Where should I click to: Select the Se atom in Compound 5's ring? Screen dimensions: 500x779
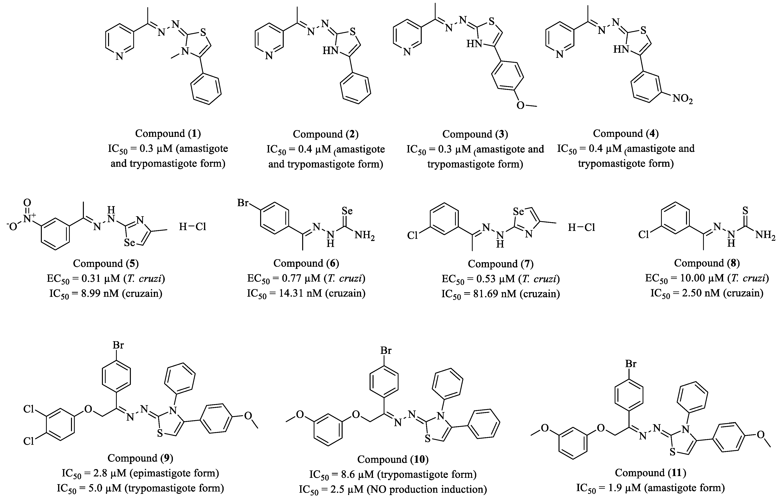[x=129, y=243]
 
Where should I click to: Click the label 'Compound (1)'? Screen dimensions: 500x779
[x=168, y=133]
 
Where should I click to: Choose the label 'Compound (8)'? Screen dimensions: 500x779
[x=707, y=263]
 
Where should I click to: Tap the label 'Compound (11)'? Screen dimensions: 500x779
[x=650, y=472]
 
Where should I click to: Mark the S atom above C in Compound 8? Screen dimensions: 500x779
[x=745, y=211]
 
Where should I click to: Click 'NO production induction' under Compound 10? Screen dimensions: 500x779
[x=426, y=489]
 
